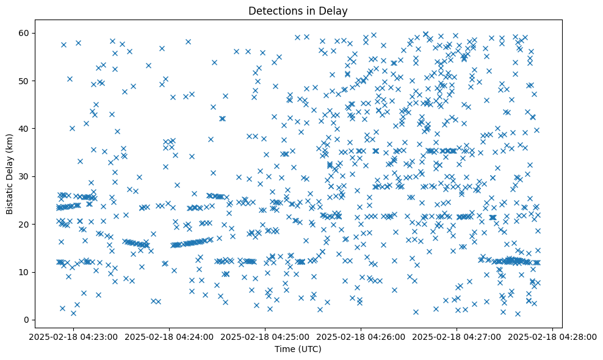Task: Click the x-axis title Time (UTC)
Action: (x=298, y=350)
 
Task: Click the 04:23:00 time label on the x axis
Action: (x=73, y=336)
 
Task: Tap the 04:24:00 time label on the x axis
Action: (x=169, y=336)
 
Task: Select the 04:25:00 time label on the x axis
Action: (x=265, y=336)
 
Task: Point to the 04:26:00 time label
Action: (x=361, y=336)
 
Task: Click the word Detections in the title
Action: (x=273, y=10)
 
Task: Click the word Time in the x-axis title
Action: (x=284, y=350)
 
